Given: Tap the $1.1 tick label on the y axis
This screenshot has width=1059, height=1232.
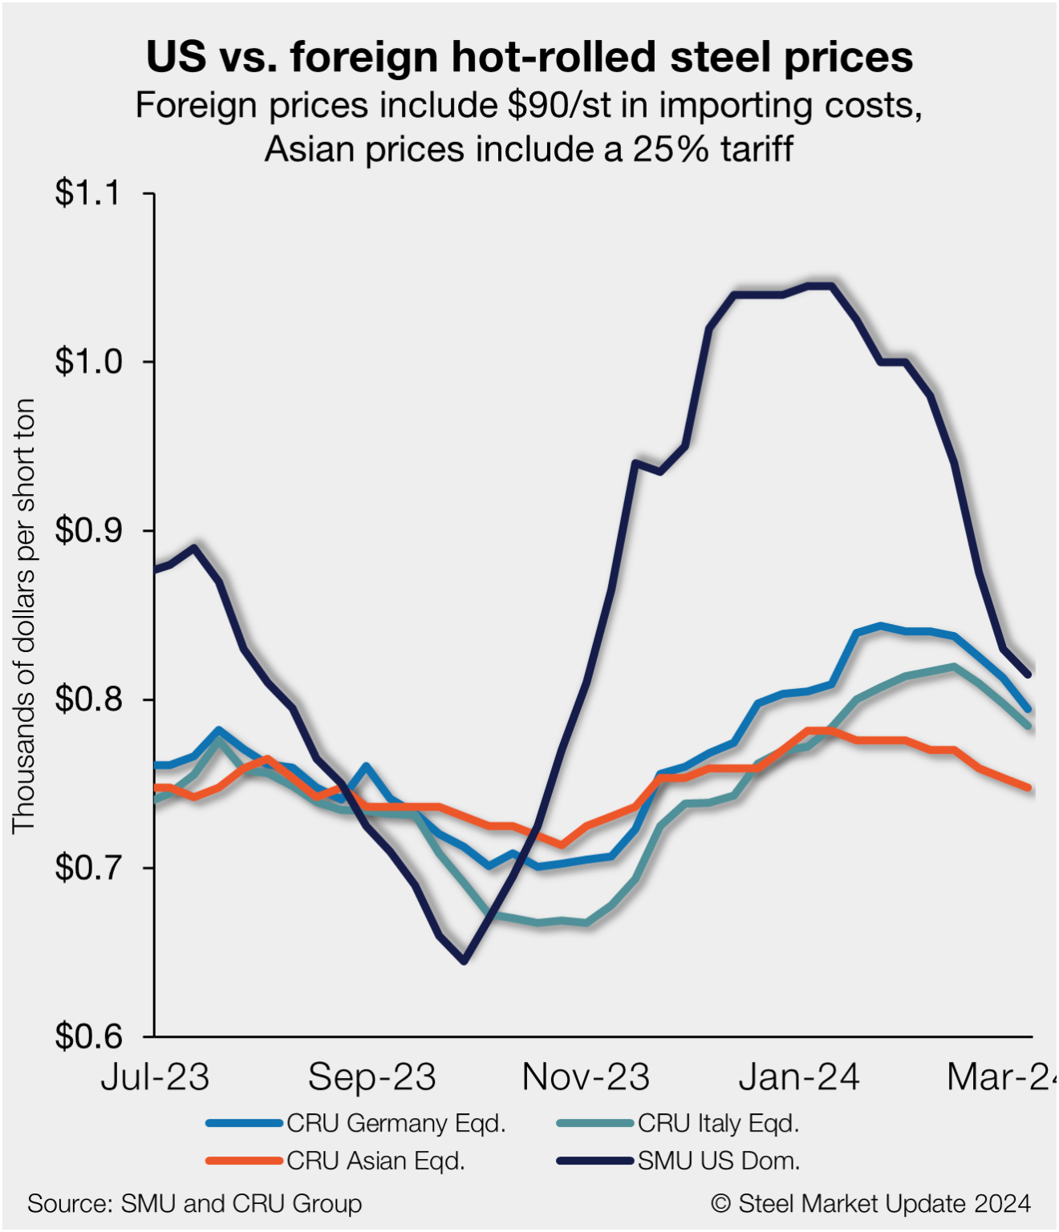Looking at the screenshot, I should pyautogui.click(x=87, y=193).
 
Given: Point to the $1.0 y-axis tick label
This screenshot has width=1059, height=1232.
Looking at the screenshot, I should pyautogui.click(x=87, y=362).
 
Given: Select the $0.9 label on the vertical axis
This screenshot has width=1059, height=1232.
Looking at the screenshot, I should pyautogui.click(x=87, y=530).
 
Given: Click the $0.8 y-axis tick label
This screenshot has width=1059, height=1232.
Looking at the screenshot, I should pyautogui.click(x=87, y=699).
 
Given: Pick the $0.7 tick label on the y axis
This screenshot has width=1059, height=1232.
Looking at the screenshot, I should pyautogui.click(x=87, y=868).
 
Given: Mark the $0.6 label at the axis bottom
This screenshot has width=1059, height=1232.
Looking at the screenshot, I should pyautogui.click(x=87, y=1036).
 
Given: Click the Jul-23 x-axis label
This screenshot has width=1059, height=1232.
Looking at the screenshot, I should pyautogui.click(x=155, y=1077).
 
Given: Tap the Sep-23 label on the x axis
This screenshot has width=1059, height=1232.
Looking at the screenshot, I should pyautogui.click(x=371, y=1077).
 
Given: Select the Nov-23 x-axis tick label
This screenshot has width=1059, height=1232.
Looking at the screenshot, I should pyautogui.click(x=586, y=1077).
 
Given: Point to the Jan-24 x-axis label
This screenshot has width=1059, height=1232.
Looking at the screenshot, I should pyautogui.click(x=799, y=1077).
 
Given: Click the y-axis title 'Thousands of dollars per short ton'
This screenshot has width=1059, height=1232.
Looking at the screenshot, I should pyautogui.click(x=24, y=616).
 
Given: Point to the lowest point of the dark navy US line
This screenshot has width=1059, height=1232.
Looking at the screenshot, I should pyautogui.click(x=464, y=960).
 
